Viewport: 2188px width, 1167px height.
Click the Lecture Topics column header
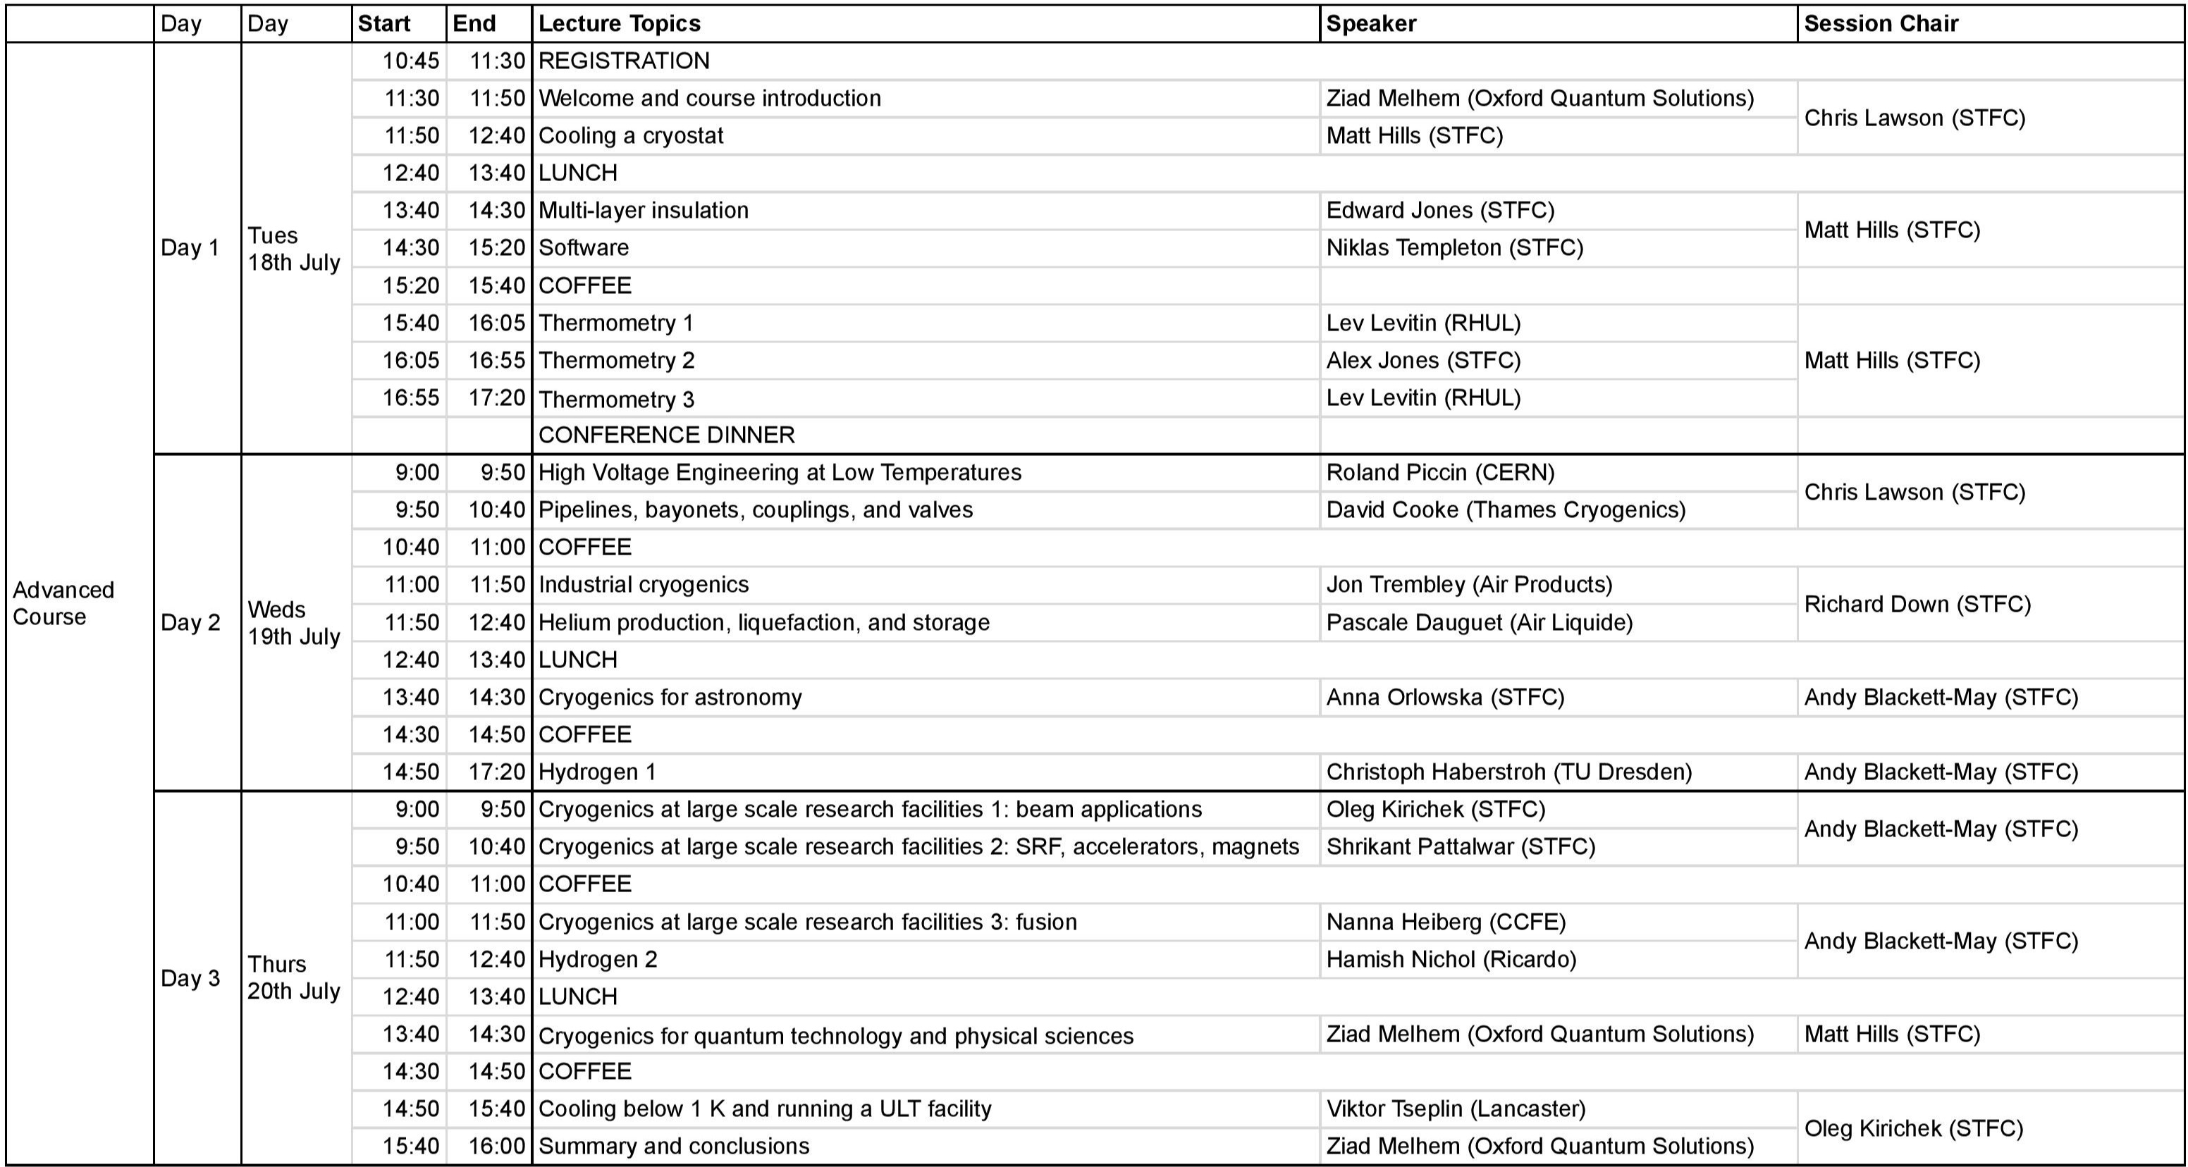(619, 23)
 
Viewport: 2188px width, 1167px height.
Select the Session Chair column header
(1881, 23)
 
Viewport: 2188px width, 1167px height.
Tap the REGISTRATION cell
(623, 61)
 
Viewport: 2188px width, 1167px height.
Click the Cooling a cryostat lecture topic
(630, 136)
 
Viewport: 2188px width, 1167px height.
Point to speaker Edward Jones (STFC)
(1439, 211)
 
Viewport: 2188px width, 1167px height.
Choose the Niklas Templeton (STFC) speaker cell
(1454, 248)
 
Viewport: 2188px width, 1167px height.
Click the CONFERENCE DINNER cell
(666, 435)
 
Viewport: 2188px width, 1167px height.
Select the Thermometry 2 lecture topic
(616, 361)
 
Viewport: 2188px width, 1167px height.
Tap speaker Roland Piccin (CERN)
(1439, 472)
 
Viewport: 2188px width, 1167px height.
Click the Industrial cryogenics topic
(643, 584)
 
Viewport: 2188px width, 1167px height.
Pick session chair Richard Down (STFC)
(1917, 604)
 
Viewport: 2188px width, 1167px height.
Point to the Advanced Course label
(63, 603)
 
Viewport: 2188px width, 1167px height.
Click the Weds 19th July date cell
(293, 622)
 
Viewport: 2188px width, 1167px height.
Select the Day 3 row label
(190, 977)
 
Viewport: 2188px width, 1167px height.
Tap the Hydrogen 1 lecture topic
(596, 772)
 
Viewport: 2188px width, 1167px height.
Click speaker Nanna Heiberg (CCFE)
(1446, 922)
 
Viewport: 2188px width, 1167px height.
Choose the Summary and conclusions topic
(674, 1146)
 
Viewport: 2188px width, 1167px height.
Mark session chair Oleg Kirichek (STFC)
(1913, 1128)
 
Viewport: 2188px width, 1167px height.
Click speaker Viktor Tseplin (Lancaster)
(1455, 1109)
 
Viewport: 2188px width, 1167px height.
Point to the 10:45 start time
(410, 61)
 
